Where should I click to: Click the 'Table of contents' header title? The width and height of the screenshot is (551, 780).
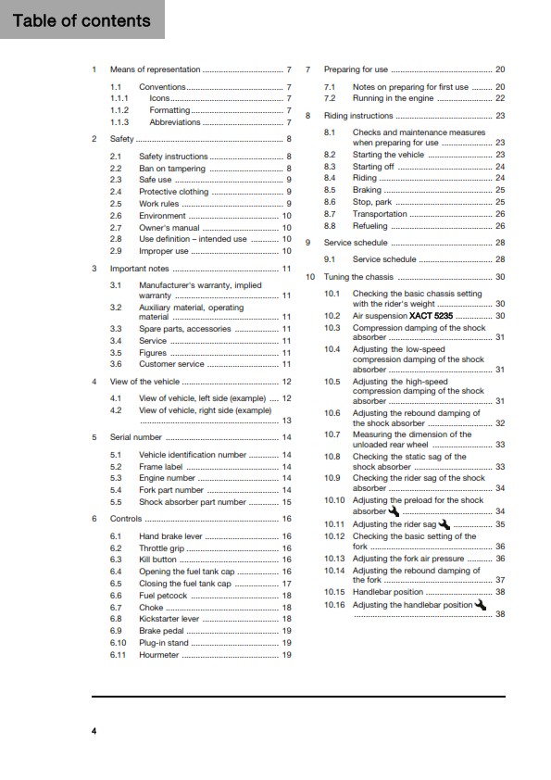81,20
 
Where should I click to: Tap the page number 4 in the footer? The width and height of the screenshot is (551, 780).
94,731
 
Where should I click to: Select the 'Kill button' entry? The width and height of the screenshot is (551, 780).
157,560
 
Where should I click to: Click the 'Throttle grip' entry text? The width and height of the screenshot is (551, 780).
162,548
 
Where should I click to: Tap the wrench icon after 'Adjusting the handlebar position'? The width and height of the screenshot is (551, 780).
480,604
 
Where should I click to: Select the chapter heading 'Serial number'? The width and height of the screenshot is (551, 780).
135,436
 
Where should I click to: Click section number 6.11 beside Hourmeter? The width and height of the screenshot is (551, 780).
118,654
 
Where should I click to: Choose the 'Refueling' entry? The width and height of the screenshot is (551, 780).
370,225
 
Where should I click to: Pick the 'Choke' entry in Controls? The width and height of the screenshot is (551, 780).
151,607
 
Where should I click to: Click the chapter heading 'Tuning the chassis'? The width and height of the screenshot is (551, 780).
360,277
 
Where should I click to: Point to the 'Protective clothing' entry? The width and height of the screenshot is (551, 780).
173,192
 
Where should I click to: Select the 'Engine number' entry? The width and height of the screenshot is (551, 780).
167,478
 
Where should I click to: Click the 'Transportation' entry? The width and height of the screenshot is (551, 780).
380,213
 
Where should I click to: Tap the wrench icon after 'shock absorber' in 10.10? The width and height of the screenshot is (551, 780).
394,510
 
